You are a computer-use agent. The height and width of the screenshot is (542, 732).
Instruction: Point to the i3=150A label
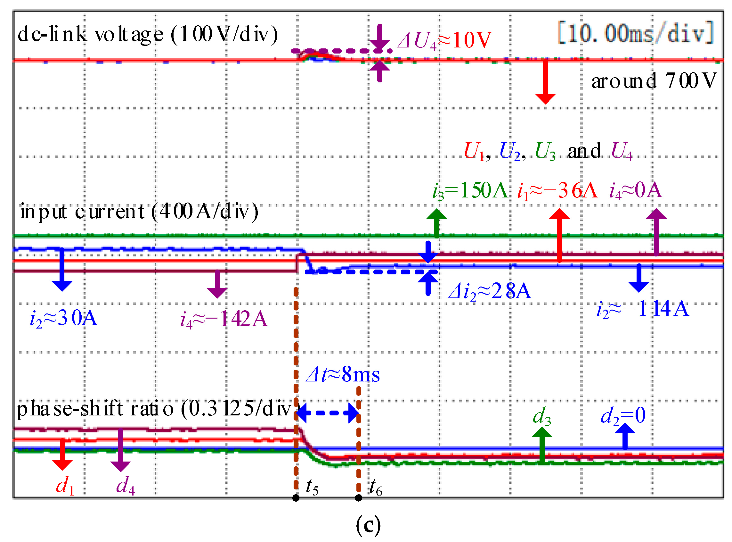[x=469, y=190]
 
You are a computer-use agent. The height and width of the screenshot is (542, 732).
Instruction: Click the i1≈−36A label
[x=557, y=190]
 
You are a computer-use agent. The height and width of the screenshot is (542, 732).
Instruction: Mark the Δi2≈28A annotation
[x=489, y=291]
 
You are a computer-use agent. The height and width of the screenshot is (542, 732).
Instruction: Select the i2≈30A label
[x=64, y=318]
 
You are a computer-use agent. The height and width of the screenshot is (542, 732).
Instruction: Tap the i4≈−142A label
[x=224, y=319]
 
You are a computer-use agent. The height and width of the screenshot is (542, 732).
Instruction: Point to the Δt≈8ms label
[x=343, y=374]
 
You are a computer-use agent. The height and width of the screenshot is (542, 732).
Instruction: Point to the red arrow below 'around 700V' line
[x=545, y=82]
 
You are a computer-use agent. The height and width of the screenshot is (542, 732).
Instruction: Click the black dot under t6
[x=359, y=498]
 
